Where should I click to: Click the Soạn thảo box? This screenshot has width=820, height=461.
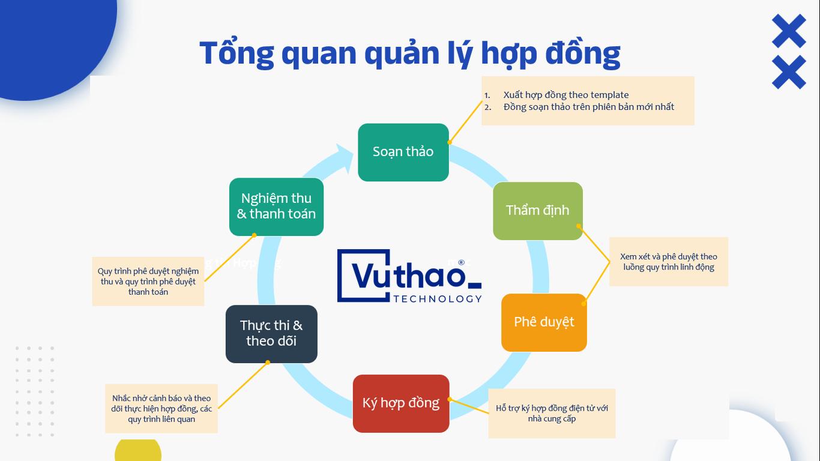click(403, 152)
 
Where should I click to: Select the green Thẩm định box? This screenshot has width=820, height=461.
click(538, 211)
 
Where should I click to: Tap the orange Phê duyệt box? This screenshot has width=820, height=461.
click(544, 322)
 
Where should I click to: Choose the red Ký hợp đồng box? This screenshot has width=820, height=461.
click(401, 403)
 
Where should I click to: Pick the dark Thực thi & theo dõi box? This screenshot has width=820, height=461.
click(271, 334)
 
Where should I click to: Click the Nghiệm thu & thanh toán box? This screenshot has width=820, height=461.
click(276, 207)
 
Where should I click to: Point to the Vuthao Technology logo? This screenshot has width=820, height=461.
click(409, 276)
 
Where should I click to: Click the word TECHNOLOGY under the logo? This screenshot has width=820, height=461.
click(438, 299)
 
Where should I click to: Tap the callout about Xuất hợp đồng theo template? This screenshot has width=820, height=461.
click(588, 101)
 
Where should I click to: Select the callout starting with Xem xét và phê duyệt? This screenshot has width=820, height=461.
click(669, 262)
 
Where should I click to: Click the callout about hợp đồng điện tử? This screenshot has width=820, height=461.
click(552, 414)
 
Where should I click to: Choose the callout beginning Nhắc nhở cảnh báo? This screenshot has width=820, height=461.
click(161, 409)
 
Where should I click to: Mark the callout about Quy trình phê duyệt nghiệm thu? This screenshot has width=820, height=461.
click(148, 281)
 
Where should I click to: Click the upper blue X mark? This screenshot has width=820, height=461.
click(789, 31)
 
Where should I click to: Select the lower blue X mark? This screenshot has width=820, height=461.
click(789, 72)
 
